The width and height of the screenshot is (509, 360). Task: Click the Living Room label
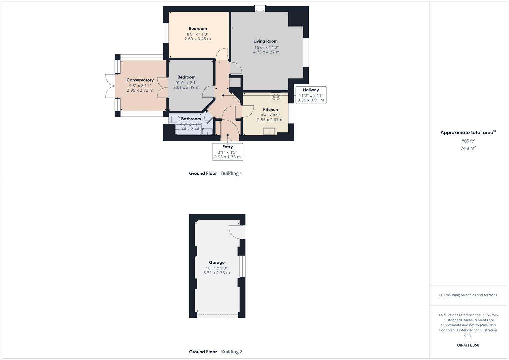(265, 41)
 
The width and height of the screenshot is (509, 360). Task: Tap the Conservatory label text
(140, 80)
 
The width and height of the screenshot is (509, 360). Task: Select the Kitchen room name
(270, 110)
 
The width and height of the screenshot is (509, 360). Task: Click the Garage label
(217, 263)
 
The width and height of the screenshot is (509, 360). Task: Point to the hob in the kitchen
(276, 97)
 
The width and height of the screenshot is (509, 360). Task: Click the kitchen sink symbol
(269, 131)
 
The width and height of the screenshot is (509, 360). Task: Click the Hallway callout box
(311, 95)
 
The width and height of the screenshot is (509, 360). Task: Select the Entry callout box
(227, 152)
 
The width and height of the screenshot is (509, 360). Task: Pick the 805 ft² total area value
(468, 141)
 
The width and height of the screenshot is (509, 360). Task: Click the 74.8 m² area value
(468, 148)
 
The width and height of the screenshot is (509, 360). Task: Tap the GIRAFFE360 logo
(468, 345)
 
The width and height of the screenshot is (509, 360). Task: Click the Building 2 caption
(232, 352)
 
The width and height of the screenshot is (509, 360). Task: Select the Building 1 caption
(232, 173)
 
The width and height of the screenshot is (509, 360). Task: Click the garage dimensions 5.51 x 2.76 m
(217, 273)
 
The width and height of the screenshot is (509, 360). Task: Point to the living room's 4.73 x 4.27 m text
(266, 52)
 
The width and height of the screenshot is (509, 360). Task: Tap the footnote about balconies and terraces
(468, 295)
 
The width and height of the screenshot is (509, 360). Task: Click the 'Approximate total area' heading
(467, 133)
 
